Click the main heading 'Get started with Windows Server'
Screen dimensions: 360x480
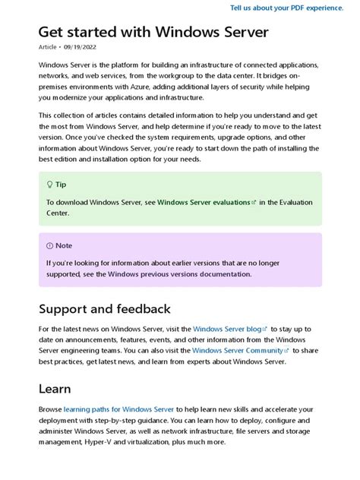point(153,33)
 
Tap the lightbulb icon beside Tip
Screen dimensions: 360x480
point(49,185)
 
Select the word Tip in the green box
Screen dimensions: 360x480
point(61,185)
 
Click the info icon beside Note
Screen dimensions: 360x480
point(49,245)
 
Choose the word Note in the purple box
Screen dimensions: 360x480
point(64,245)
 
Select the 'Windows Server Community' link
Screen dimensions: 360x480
point(237,351)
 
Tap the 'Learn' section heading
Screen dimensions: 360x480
point(55,389)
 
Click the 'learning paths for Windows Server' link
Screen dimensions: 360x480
point(118,409)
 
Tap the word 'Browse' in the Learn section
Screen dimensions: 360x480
point(50,409)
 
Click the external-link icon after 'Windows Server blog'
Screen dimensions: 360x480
point(266,329)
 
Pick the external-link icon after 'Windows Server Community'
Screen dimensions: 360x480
point(286,351)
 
